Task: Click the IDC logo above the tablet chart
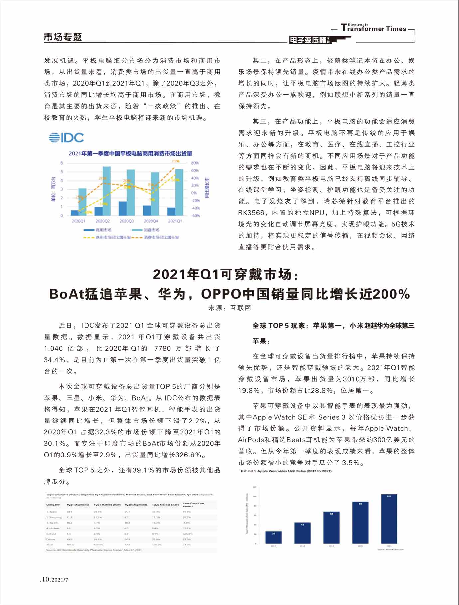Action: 66,138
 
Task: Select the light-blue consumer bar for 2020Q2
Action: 107,191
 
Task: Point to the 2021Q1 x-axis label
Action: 175,221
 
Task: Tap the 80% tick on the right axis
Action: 195,163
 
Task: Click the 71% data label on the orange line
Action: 175,161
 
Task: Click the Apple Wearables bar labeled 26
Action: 273,537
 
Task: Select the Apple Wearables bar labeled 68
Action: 331,527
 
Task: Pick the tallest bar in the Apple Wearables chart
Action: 389,519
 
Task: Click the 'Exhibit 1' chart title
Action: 286,471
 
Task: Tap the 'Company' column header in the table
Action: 53,505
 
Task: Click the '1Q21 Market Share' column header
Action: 107,505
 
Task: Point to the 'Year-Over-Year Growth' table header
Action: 193,504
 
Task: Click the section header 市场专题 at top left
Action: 63,37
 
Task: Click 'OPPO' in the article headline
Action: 221,294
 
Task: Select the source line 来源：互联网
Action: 230,308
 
